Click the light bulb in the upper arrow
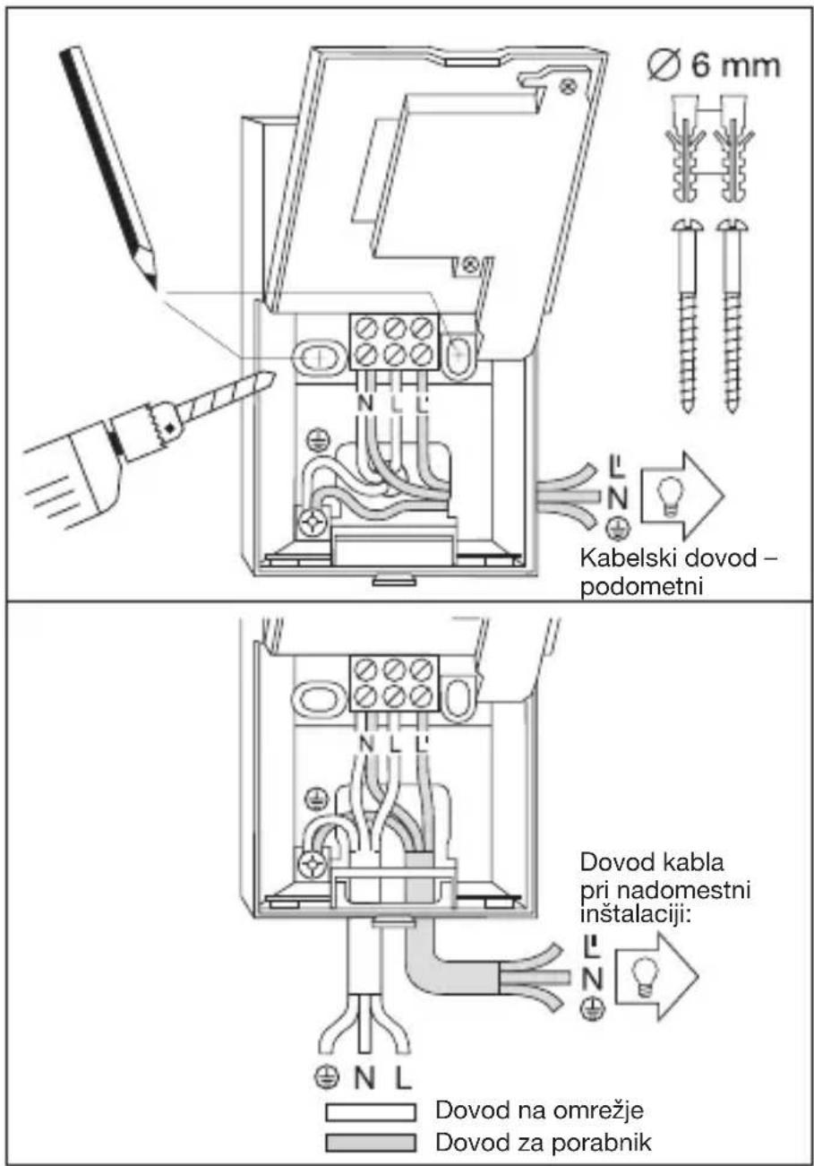(671, 495)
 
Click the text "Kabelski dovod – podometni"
(679, 572)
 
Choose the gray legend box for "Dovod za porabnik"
(371, 1143)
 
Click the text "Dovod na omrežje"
(539, 1110)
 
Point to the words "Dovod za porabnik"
(544, 1142)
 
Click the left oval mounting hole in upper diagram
(319, 357)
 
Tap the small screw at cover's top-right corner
(569, 87)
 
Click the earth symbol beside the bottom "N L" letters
(327, 1075)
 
